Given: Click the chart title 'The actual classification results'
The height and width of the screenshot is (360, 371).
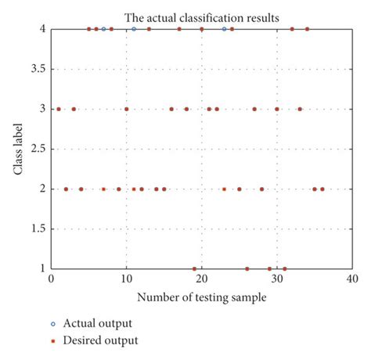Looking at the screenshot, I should tap(201, 16).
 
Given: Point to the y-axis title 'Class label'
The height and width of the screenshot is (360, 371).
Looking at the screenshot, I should tap(17, 149).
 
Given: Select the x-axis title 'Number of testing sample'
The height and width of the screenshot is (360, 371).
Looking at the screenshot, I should tap(201, 297).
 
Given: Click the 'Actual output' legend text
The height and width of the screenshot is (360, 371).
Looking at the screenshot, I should tap(99, 323).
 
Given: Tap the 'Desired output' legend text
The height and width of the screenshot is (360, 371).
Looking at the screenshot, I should tap(101, 340).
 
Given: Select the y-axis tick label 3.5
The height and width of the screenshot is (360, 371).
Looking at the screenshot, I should tap(34, 69).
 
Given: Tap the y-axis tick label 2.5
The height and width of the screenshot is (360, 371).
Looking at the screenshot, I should tap(34, 149).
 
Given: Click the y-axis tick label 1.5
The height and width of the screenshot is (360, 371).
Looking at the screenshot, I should tap(34, 229).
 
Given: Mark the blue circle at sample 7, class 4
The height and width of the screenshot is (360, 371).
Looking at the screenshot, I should tap(103, 29).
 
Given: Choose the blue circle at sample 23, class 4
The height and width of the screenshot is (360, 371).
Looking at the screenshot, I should tap(224, 29).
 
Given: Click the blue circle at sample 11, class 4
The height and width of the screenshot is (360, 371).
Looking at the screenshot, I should tap(134, 29).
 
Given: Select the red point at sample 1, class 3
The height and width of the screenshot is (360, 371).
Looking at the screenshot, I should tap(59, 109).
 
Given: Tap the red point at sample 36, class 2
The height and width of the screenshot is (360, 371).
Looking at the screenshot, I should tap(322, 189).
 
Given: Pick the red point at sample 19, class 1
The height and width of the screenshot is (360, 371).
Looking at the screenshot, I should tap(194, 268).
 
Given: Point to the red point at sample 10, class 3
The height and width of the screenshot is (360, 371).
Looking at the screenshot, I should tap(126, 109).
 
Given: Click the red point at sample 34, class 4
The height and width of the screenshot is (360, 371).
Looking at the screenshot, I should tap(307, 29).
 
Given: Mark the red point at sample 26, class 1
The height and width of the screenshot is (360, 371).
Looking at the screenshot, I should tap(247, 268).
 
